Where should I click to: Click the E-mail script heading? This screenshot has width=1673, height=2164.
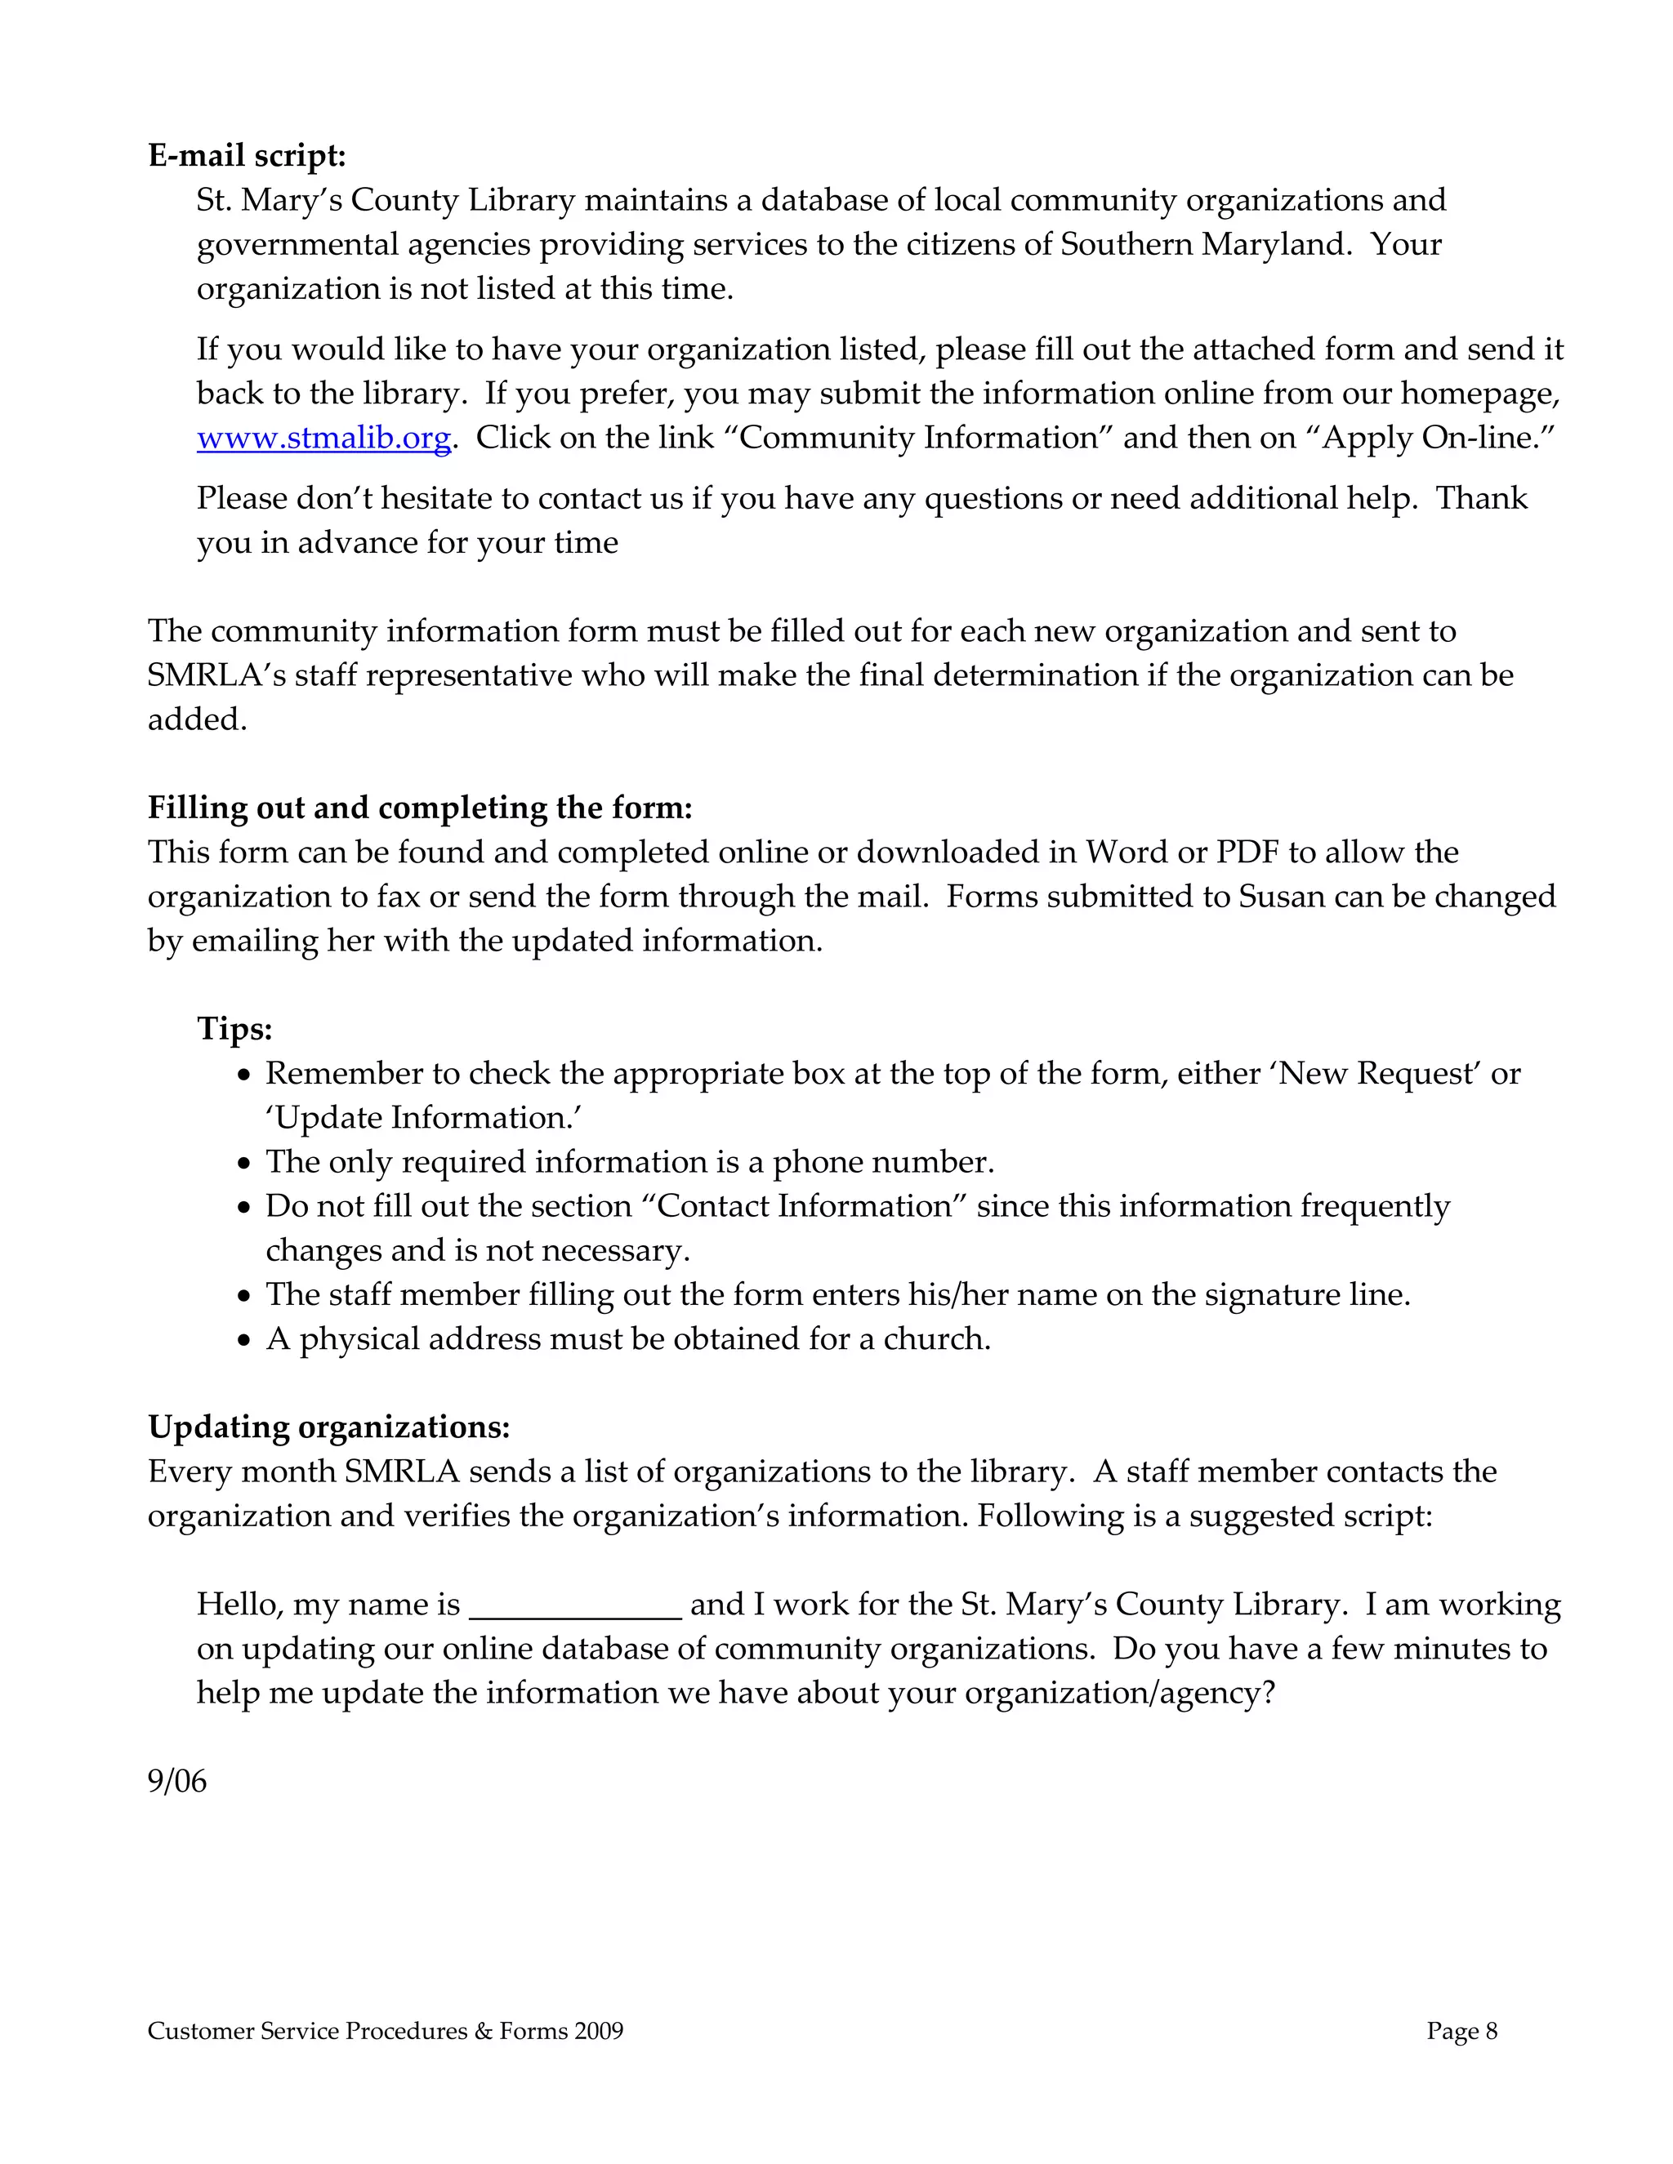click(247, 155)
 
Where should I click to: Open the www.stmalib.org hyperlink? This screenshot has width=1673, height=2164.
click(324, 438)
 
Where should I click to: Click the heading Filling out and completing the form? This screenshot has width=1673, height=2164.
click(419, 808)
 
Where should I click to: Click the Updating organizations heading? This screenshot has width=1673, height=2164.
click(328, 1427)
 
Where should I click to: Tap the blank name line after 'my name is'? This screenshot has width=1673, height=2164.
click(575, 1605)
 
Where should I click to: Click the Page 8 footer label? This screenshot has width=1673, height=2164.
click(1461, 2031)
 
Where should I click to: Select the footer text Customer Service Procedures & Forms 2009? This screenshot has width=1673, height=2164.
click(386, 2031)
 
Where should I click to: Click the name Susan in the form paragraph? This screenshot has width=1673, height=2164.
click(1282, 897)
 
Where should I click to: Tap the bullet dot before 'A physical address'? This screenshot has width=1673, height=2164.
click(246, 1342)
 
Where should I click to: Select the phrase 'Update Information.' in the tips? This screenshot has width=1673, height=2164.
click(423, 1118)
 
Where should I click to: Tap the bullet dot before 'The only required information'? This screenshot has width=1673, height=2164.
click(246, 1164)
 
